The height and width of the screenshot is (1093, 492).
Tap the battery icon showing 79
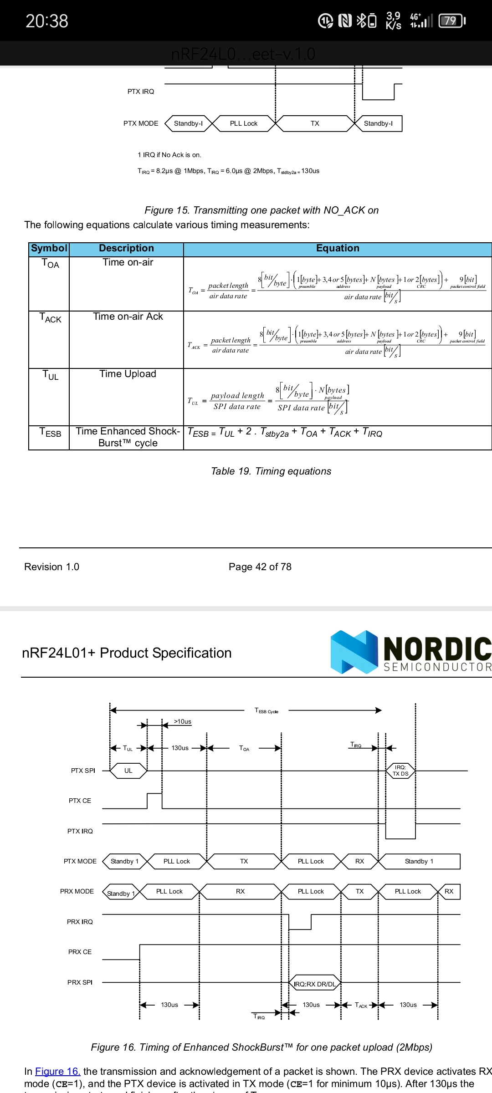point(451,21)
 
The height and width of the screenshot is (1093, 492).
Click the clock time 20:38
point(47,21)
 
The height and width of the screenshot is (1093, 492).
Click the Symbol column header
point(49,248)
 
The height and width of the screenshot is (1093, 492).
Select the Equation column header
point(338,248)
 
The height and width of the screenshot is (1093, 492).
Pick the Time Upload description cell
point(128,374)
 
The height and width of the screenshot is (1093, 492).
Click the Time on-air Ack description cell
point(128,317)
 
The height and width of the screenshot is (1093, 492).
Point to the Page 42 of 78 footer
point(260,567)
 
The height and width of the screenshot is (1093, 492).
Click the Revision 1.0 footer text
point(51,567)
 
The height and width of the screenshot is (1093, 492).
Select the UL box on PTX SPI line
point(128,771)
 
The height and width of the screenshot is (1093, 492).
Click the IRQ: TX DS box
point(400,771)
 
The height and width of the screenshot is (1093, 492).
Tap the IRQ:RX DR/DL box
point(315,984)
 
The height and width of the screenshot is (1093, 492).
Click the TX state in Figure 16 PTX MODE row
point(244,861)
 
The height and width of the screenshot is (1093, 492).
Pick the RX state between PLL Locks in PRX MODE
point(240,891)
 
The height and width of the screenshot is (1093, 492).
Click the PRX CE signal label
point(80,952)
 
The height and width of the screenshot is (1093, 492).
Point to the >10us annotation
point(183,721)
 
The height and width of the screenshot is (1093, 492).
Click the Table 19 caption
point(271,471)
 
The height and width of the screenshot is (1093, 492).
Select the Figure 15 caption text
point(261,210)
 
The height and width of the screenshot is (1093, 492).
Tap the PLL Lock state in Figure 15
point(243,123)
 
